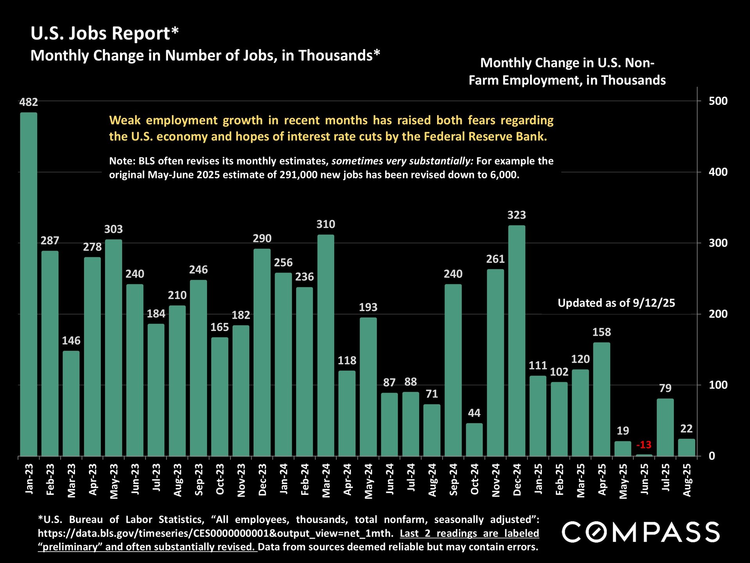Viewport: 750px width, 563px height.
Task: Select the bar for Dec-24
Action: (x=516, y=341)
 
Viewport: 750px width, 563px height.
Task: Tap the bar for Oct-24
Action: (x=474, y=439)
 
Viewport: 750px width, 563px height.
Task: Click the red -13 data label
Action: (x=644, y=445)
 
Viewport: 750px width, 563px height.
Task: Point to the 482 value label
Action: (x=29, y=102)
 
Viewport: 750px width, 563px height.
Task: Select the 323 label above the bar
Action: (x=516, y=215)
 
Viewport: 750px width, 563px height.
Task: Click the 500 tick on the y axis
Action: (x=718, y=101)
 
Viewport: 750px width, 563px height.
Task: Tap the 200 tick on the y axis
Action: (x=718, y=314)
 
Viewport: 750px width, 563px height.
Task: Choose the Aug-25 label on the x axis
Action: (x=687, y=480)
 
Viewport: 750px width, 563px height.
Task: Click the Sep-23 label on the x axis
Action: (x=198, y=480)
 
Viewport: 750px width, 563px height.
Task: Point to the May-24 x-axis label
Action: (x=368, y=481)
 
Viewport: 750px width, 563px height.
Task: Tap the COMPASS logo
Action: (x=641, y=532)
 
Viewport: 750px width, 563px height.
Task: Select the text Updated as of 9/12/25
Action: (x=616, y=303)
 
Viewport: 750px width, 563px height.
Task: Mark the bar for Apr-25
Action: (x=602, y=399)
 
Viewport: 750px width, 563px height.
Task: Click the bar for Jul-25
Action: (x=665, y=427)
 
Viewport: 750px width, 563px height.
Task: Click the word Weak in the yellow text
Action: (x=125, y=120)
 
